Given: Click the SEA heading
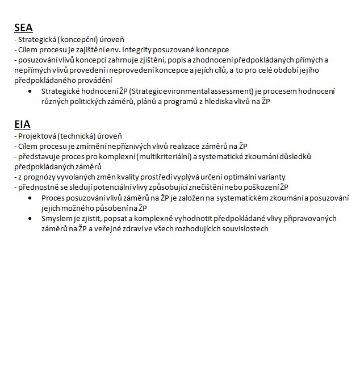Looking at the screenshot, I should click(x=23, y=28).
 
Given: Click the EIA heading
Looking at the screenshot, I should click(x=22, y=124).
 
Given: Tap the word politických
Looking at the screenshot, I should click(x=85, y=101).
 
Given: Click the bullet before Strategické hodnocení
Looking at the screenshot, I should click(x=30, y=91).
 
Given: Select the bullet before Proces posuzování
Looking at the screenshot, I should click(x=30, y=198).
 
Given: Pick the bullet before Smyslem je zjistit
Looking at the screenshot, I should click(x=30, y=219).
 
